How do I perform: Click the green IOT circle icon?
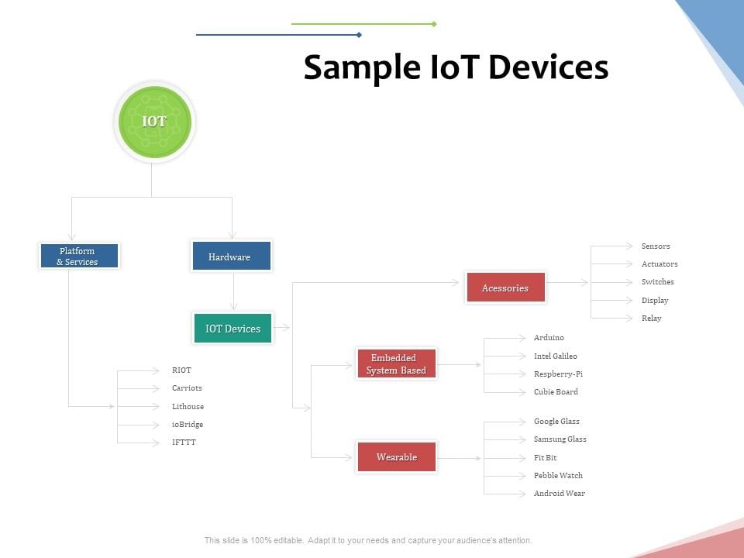click(x=154, y=122)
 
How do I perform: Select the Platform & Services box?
click(x=79, y=256)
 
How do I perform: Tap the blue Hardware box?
click(x=231, y=257)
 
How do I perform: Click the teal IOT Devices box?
click(x=232, y=329)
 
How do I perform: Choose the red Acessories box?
click(x=505, y=288)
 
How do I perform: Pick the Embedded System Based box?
click(x=397, y=363)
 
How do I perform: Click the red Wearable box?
click(x=397, y=457)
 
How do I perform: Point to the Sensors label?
click(x=656, y=246)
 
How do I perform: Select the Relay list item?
click(x=651, y=319)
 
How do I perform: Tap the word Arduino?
click(x=549, y=338)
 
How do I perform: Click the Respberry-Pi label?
click(x=558, y=374)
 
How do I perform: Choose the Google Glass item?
click(x=556, y=422)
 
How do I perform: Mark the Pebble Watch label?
click(x=558, y=476)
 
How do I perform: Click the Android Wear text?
click(x=559, y=494)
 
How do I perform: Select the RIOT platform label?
click(x=181, y=370)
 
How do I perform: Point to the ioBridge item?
click(x=187, y=425)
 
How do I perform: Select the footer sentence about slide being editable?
click(x=368, y=540)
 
